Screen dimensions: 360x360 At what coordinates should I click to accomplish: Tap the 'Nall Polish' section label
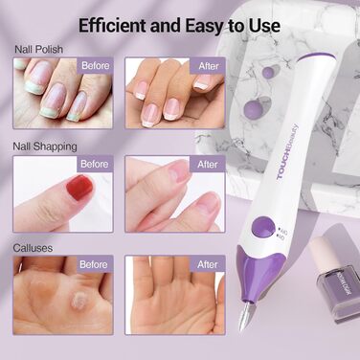point(37,48)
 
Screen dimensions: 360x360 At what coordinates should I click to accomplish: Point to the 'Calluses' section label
point(33,248)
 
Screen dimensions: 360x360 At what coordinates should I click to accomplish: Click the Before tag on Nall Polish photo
point(94,66)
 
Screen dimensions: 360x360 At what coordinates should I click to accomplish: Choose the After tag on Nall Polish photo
point(208,66)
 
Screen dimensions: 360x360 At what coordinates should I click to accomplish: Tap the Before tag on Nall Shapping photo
point(94,164)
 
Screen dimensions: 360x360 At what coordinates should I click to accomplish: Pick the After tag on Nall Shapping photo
point(208,164)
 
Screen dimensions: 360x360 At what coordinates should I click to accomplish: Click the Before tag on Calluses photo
point(94,264)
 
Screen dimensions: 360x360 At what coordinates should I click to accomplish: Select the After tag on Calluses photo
point(208,264)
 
